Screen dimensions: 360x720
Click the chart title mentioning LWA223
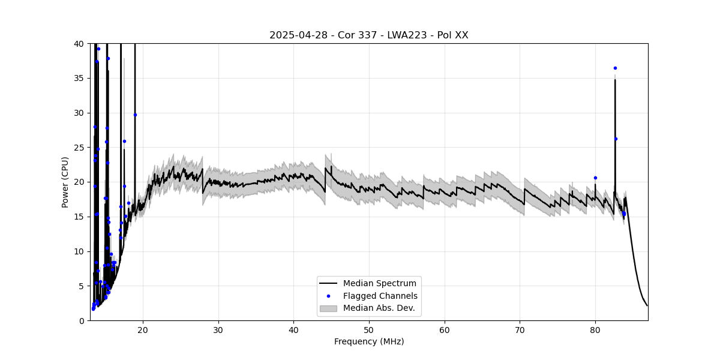pos(368,35)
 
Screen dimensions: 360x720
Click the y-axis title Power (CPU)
pos(65,182)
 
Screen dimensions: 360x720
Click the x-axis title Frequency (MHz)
pos(368,341)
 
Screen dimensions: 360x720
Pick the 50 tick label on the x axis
pos(368,329)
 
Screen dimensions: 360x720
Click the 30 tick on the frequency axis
pos(218,329)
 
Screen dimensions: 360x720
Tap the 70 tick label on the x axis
pos(520,329)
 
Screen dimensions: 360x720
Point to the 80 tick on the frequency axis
pos(595,329)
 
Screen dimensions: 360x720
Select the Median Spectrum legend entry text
pos(379,283)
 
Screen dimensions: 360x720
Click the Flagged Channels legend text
pos(380,296)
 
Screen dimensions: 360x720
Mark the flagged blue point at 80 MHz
pos(595,178)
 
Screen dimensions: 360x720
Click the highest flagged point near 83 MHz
pos(615,68)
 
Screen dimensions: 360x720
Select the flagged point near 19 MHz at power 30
pos(135,115)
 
